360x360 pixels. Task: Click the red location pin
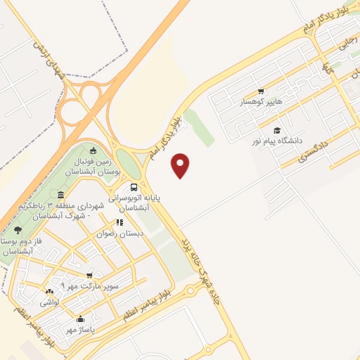[x=181, y=165]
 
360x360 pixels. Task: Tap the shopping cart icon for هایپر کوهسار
[x=262, y=91]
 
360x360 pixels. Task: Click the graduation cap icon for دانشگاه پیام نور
[x=277, y=131]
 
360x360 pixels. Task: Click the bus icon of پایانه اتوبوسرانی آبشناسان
[x=134, y=187]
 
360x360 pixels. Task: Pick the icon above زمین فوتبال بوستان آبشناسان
[x=93, y=149]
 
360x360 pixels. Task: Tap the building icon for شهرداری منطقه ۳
[x=60, y=194]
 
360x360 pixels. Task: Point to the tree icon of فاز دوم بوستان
[x=17, y=230]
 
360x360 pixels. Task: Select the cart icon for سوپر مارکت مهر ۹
[x=89, y=275]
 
